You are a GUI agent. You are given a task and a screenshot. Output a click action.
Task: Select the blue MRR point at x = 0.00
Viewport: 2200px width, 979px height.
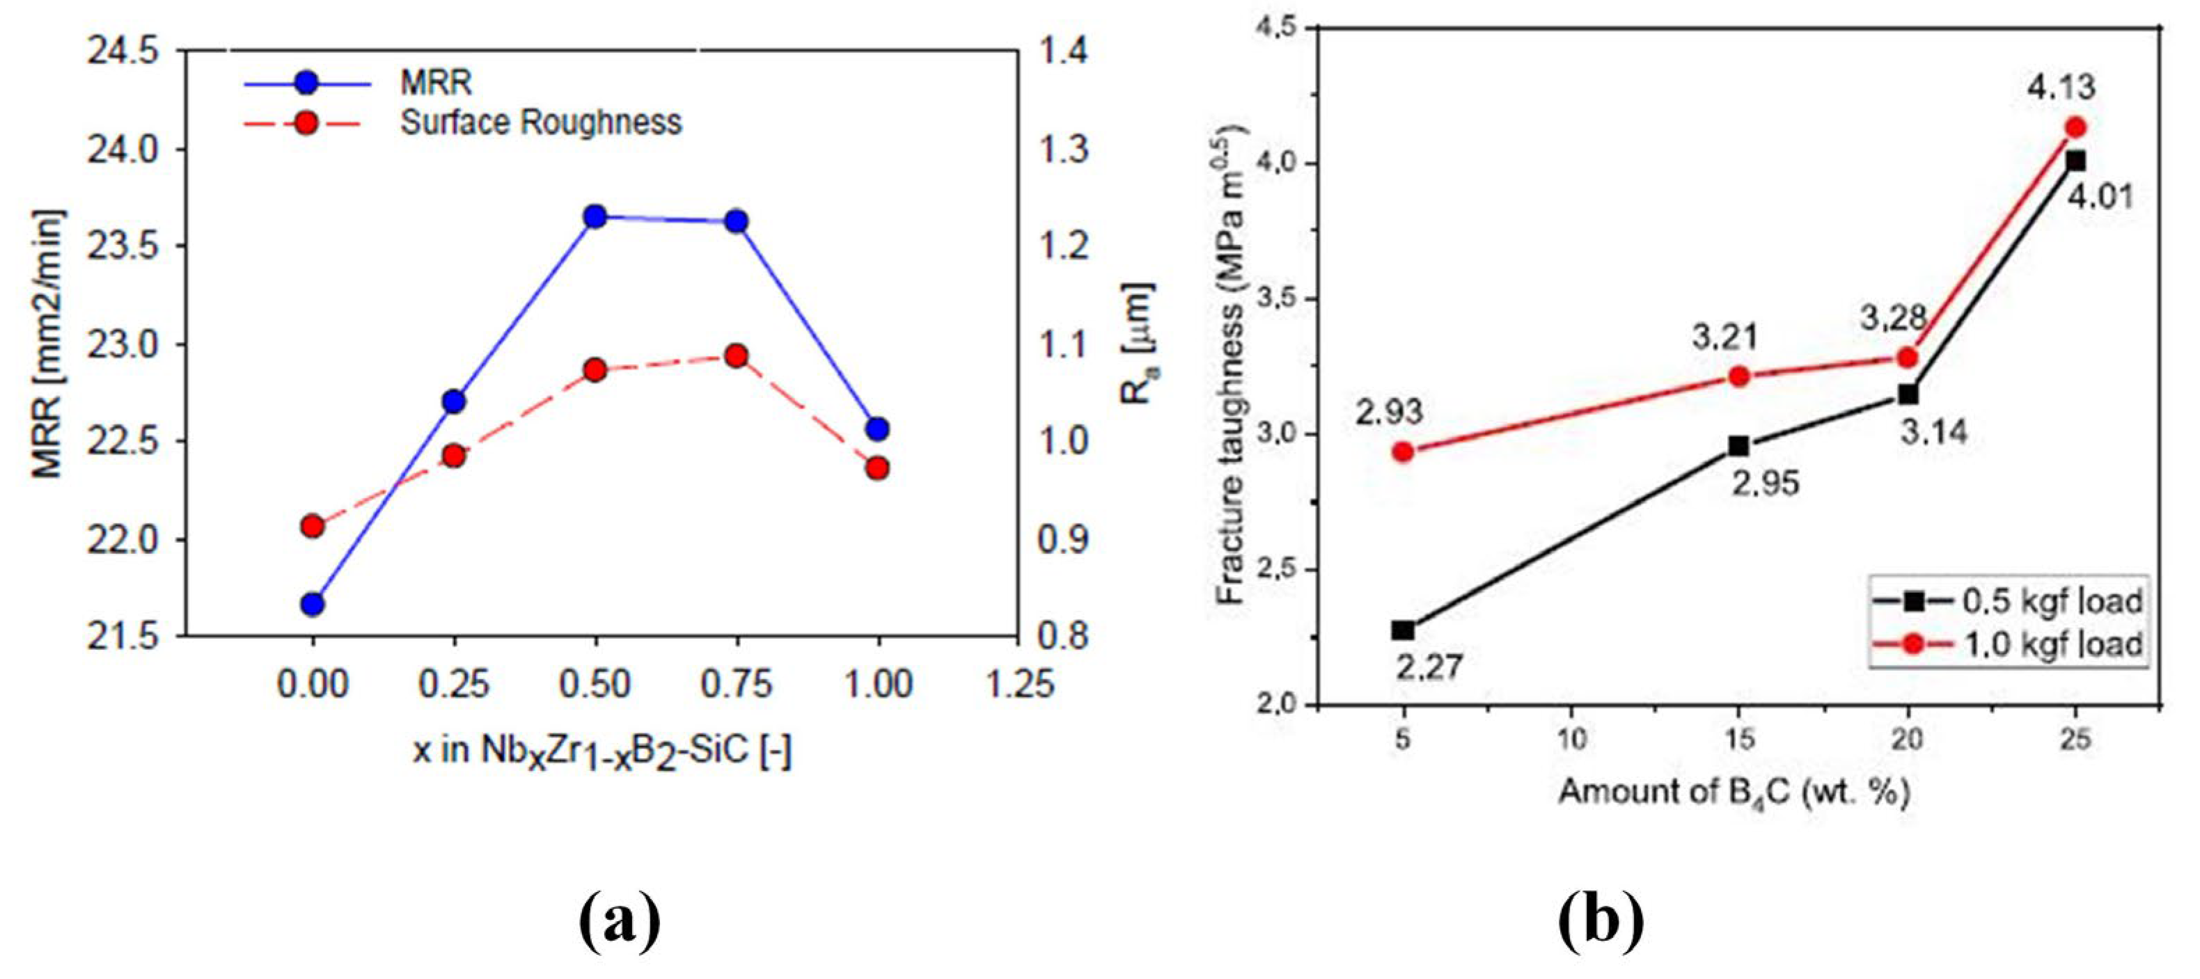click(x=313, y=604)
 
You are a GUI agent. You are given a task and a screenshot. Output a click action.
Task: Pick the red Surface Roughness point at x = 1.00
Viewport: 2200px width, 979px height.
click(x=877, y=468)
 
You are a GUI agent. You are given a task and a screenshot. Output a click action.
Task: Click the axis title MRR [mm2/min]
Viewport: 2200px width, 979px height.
click(x=49, y=343)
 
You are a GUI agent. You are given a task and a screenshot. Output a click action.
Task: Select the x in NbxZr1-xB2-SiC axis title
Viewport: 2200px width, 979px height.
click(x=603, y=753)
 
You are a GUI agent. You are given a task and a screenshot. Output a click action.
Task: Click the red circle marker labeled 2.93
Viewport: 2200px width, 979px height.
click(x=1403, y=452)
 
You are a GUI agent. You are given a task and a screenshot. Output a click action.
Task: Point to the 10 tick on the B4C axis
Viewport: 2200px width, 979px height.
click(x=1571, y=739)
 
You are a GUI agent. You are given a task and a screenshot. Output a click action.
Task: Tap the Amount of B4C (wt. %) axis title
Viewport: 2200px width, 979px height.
click(x=1734, y=793)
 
